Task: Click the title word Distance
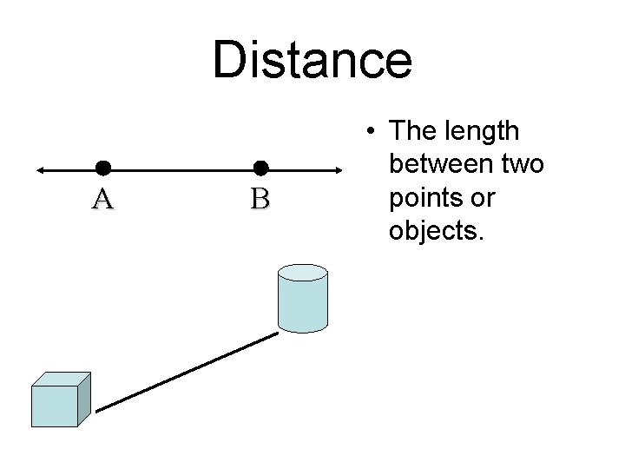click(x=312, y=59)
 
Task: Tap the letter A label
click(x=102, y=200)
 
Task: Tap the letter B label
click(x=260, y=200)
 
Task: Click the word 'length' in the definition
click(x=486, y=131)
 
